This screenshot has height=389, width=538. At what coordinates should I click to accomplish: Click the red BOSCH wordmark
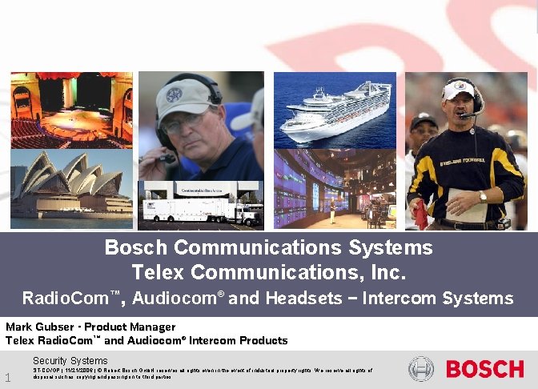[x=484, y=369]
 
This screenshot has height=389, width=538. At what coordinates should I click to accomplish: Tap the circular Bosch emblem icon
[x=421, y=369]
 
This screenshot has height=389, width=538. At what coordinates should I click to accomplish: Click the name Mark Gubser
[x=39, y=327]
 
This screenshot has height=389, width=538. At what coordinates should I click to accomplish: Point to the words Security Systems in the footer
[x=70, y=361]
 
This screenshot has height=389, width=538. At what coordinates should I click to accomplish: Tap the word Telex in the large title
[x=156, y=273]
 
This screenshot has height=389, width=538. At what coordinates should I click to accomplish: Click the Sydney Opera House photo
[x=71, y=185]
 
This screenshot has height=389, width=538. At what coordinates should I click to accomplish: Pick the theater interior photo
[x=71, y=105]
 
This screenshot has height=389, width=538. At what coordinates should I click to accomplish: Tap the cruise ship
[x=335, y=108]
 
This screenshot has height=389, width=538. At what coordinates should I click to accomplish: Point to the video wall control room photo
[x=335, y=189]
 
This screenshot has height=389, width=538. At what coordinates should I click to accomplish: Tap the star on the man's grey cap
[x=175, y=94]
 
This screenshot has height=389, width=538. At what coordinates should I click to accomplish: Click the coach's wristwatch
[x=482, y=196]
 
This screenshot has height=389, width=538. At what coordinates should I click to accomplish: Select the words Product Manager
[x=130, y=327]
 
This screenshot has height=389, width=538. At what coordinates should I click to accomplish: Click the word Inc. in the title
[x=389, y=273]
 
